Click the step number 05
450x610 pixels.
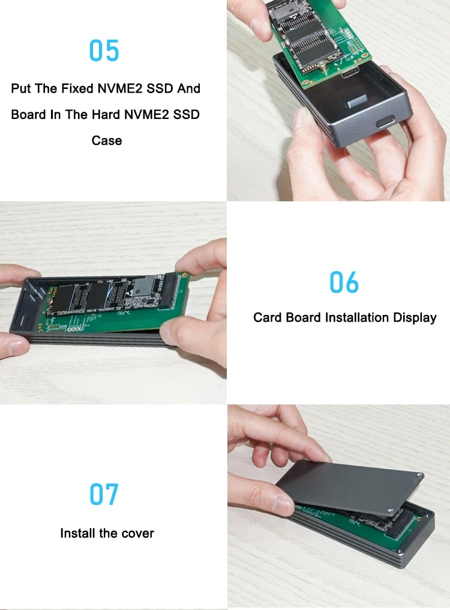click(x=104, y=50)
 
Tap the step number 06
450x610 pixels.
click(x=344, y=282)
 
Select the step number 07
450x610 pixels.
click(x=104, y=494)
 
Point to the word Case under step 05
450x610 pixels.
click(x=107, y=141)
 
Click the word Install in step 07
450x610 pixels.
click(x=79, y=533)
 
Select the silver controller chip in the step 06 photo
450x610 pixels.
click(x=143, y=286)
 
